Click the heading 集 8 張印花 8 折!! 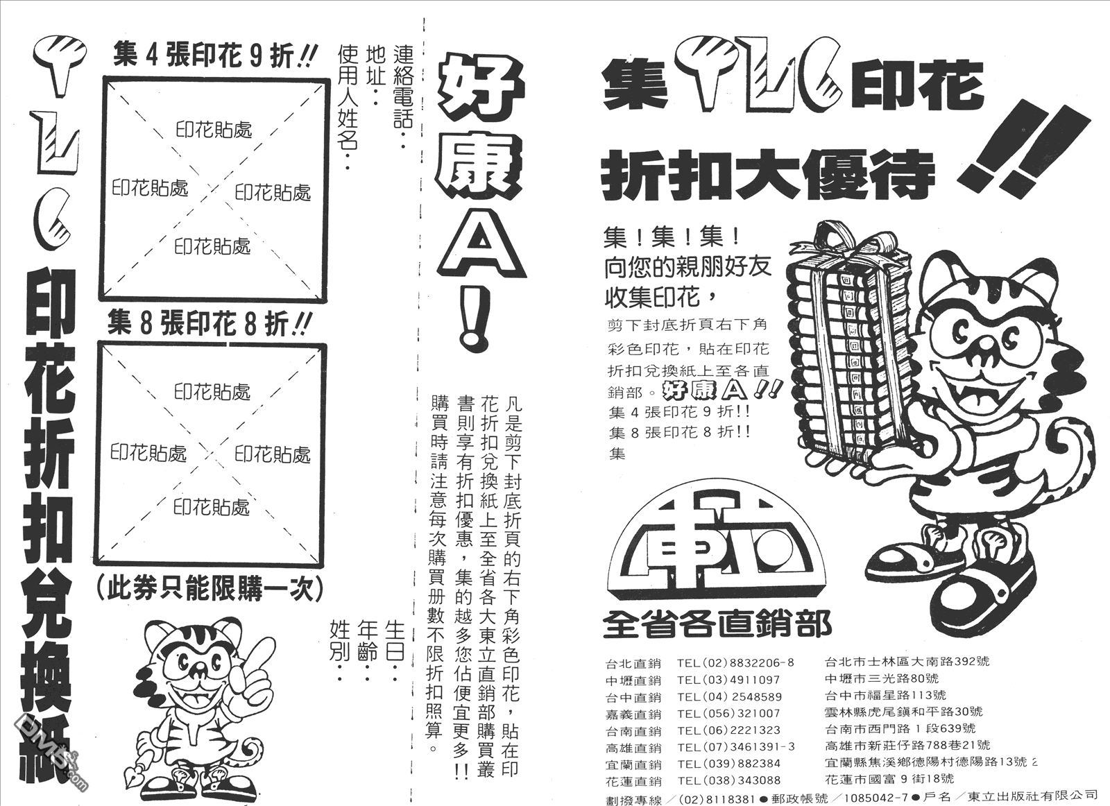[209, 325]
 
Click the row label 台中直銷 [633, 697]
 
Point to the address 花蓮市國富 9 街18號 [889, 778]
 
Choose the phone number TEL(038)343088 [728, 780]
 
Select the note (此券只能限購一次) [210, 588]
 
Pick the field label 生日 [395, 640]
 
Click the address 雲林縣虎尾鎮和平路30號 [903, 712]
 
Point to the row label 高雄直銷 [633, 748]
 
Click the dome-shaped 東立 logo [715, 551]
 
